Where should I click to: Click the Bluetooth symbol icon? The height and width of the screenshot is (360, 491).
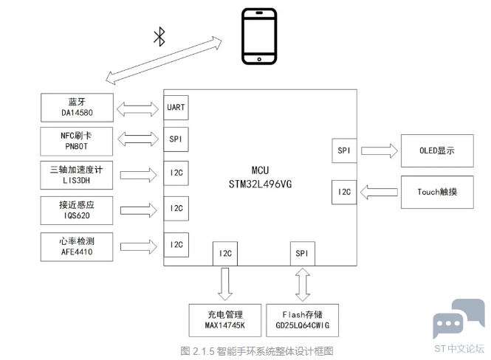pyautogui.click(x=159, y=37)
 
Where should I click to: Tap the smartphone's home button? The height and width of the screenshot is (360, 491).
pyautogui.click(x=259, y=59)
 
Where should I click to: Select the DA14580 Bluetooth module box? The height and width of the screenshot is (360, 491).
pyautogui.click(x=77, y=108)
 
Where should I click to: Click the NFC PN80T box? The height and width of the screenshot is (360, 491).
pyautogui.click(x=76, y=142)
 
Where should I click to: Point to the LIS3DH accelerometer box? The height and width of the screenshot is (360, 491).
pyautogui.click(x=76, y=175)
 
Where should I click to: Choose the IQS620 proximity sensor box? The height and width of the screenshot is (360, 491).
pyautogui.click(x=77, y=210)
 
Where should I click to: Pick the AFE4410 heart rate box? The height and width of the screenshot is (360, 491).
pyautogui.click(x=77, y=247)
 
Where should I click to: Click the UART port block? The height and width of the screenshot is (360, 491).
pyautogui.click(x=176, y=108)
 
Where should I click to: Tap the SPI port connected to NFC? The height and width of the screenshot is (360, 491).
pyautogui.click(x=176, y=139)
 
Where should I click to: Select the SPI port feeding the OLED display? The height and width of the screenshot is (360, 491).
pyautogui.click(x=344, y=150)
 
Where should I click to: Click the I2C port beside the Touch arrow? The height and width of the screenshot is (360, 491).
pyautogui.click(x=344, y=192)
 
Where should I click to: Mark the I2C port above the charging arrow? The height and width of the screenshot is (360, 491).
pyautogui.click(x=225, y=253)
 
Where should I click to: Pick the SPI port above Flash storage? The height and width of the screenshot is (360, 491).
pyautogui.click(x=303, y=253)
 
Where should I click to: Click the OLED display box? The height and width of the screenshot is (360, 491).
pyautogui.click(x=437, y=150)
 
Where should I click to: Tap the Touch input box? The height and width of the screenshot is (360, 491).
pyautogui.click(x=437, y=192)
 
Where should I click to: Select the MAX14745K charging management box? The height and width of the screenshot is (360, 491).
pyautogui.click(x=225, y=320)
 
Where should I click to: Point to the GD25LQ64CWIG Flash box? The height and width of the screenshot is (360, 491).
pyautogui.click(x=303, y=320)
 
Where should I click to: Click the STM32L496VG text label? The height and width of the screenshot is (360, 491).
pyautogui.click(x=260, y=184)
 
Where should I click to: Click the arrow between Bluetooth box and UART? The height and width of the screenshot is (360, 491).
pyautogui.click(x=138, y=109)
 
